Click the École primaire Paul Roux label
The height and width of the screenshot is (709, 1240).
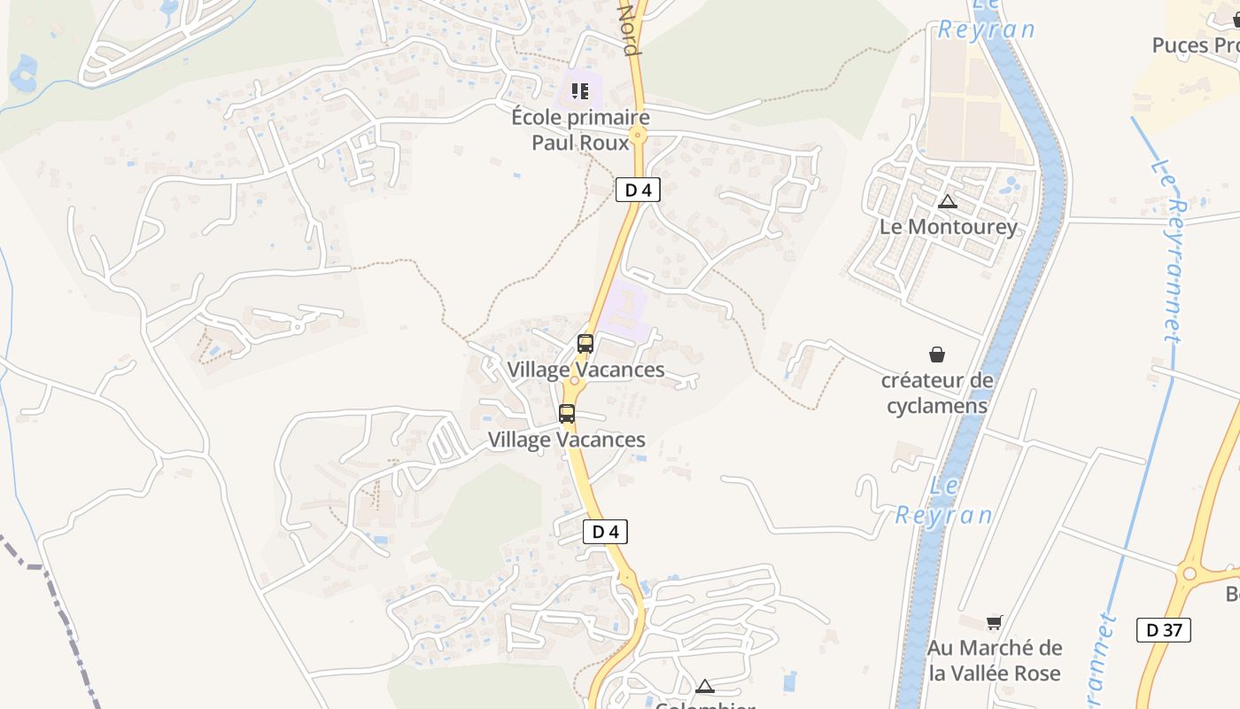[x=580, y=129]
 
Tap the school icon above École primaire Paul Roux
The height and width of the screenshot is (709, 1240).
[x=580, y=90]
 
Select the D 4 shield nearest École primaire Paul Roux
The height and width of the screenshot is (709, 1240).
[x=638, y=190]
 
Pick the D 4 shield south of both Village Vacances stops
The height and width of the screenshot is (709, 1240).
[x=605, y=532]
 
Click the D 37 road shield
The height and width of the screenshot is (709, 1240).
[x=1163, y=630]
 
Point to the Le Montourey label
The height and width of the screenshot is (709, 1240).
[x=949, y=227]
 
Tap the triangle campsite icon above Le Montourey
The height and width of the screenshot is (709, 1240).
[x=948, y=202]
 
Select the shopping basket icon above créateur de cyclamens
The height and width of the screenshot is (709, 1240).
[x=937, y=355]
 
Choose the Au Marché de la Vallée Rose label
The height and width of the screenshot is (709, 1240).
[x=995, y=660]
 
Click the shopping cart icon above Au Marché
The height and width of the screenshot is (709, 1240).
[x=994, y=623]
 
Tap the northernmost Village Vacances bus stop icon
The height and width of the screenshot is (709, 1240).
[x=585, y=344]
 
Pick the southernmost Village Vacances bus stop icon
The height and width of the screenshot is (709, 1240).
[x=567, y=414]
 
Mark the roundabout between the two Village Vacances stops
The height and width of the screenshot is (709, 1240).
[x=574, y=381]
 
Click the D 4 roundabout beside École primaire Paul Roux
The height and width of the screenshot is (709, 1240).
[x=639, y=136]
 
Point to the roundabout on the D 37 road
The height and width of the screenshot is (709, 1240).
[x=1189, y=573]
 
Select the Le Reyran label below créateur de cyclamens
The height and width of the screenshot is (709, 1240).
[x=944, y=501]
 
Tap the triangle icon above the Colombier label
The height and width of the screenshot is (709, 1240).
[x=704, y=686]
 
